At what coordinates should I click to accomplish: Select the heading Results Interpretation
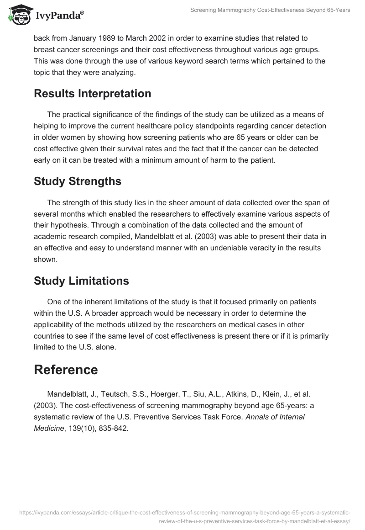92,94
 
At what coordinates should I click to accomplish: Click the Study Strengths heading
77,181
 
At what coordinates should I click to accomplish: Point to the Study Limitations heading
81,281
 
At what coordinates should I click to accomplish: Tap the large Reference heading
66,370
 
